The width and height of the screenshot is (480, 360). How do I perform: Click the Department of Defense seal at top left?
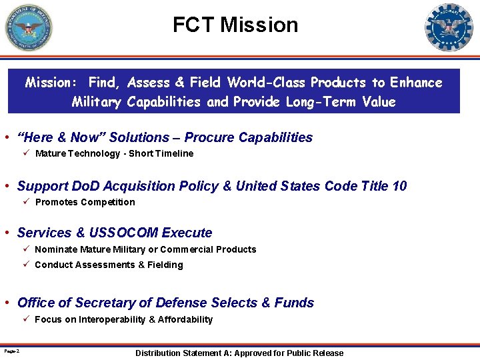pyautogui.click(x=28, y=27)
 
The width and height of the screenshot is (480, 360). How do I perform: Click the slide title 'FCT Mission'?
pyautogui.click(x=235, y=25)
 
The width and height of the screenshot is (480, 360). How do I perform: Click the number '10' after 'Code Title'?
pyautogui.click(x=399, y=186)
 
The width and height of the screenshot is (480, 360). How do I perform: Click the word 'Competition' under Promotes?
pyautogui.click(x=109, y=202)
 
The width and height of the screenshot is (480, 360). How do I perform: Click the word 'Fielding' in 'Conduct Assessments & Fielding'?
pyautogui.click(x=165, y=265)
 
